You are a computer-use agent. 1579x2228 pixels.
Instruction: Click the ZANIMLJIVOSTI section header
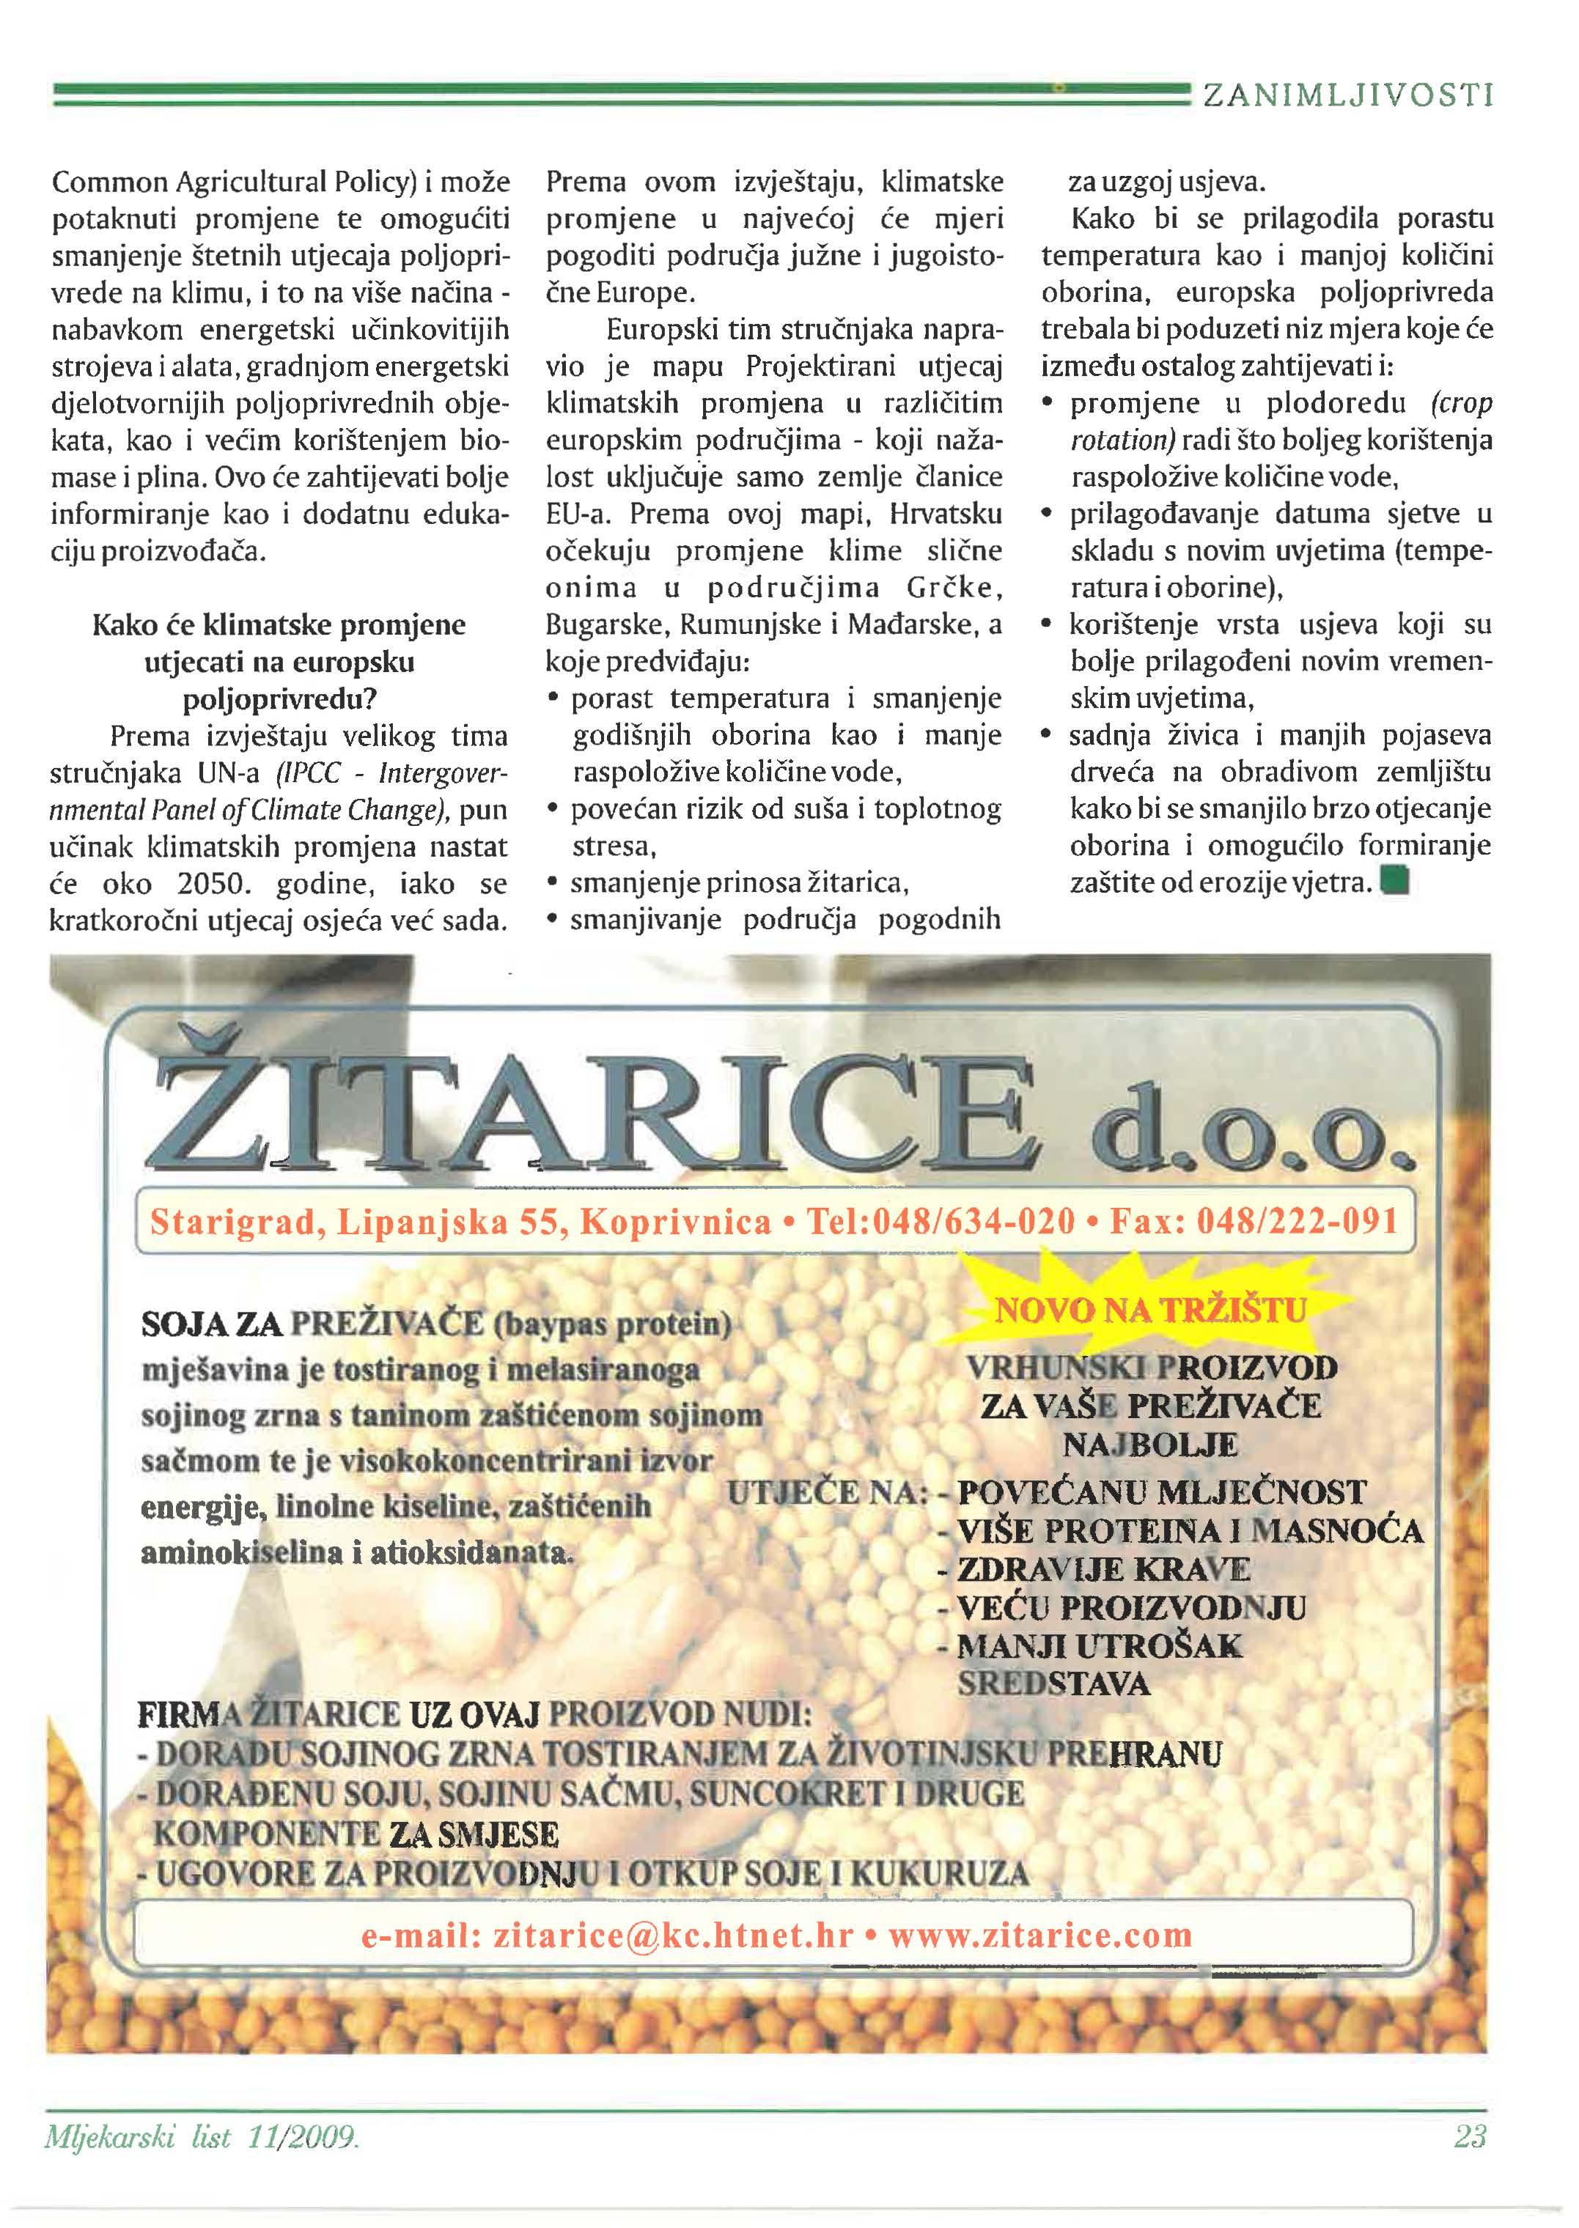pyautogui.click(x=1347, y=95)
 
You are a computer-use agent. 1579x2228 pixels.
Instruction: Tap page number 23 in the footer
pyautogui.click(x=1470, y=2136)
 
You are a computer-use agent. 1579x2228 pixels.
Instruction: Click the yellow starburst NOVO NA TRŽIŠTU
pyautogui.click(x=1151, y=1310)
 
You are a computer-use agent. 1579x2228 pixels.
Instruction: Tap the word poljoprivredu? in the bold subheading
pyautogui.click(x=279, y=699)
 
